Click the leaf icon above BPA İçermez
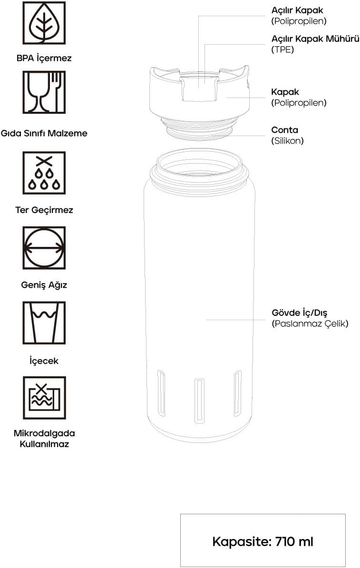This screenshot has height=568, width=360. pos(44,23)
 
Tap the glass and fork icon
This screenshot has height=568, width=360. pos(44,92)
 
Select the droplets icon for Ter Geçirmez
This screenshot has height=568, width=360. pos(44,173)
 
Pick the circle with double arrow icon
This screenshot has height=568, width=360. pos(44,248)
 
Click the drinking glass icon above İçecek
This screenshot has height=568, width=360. pos(44,323)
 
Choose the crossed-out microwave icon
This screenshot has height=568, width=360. pos(44,398)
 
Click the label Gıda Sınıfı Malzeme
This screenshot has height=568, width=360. pos(44,133)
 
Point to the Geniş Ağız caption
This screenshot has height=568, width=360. pos(44,285)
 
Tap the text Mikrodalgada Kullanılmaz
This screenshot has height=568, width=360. pos(44,438)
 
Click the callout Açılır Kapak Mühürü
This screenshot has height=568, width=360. pos(315,39)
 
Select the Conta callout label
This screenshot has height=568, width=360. pos(285,130)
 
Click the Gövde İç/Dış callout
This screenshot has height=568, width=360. pos(299,313)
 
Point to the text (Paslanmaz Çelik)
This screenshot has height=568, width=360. pos(310,323)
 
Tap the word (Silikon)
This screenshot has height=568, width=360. pos(288,140)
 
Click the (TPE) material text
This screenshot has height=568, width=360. pos(282,49)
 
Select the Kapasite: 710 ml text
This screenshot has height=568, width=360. pos(263,541)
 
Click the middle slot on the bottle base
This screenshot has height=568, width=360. pos(199,401)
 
